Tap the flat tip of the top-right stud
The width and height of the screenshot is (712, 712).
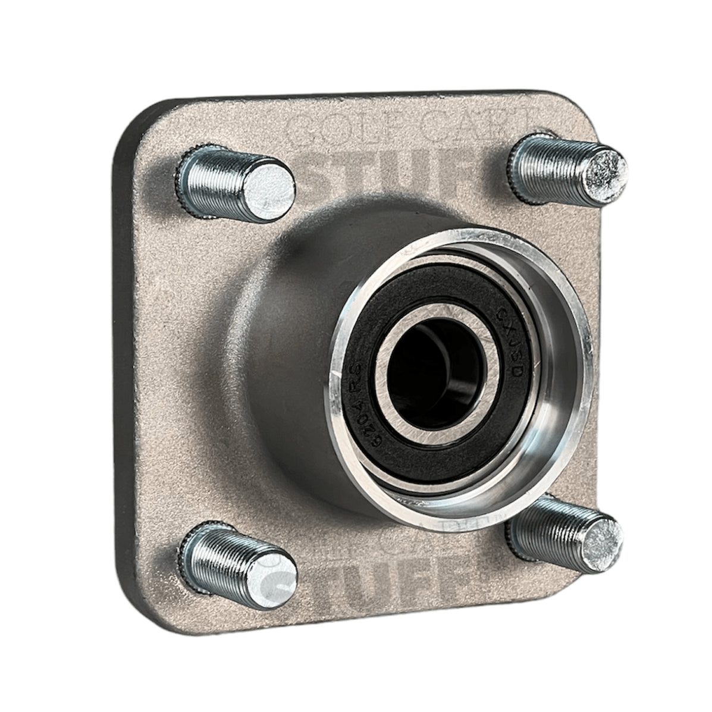(x=602, y=166)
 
